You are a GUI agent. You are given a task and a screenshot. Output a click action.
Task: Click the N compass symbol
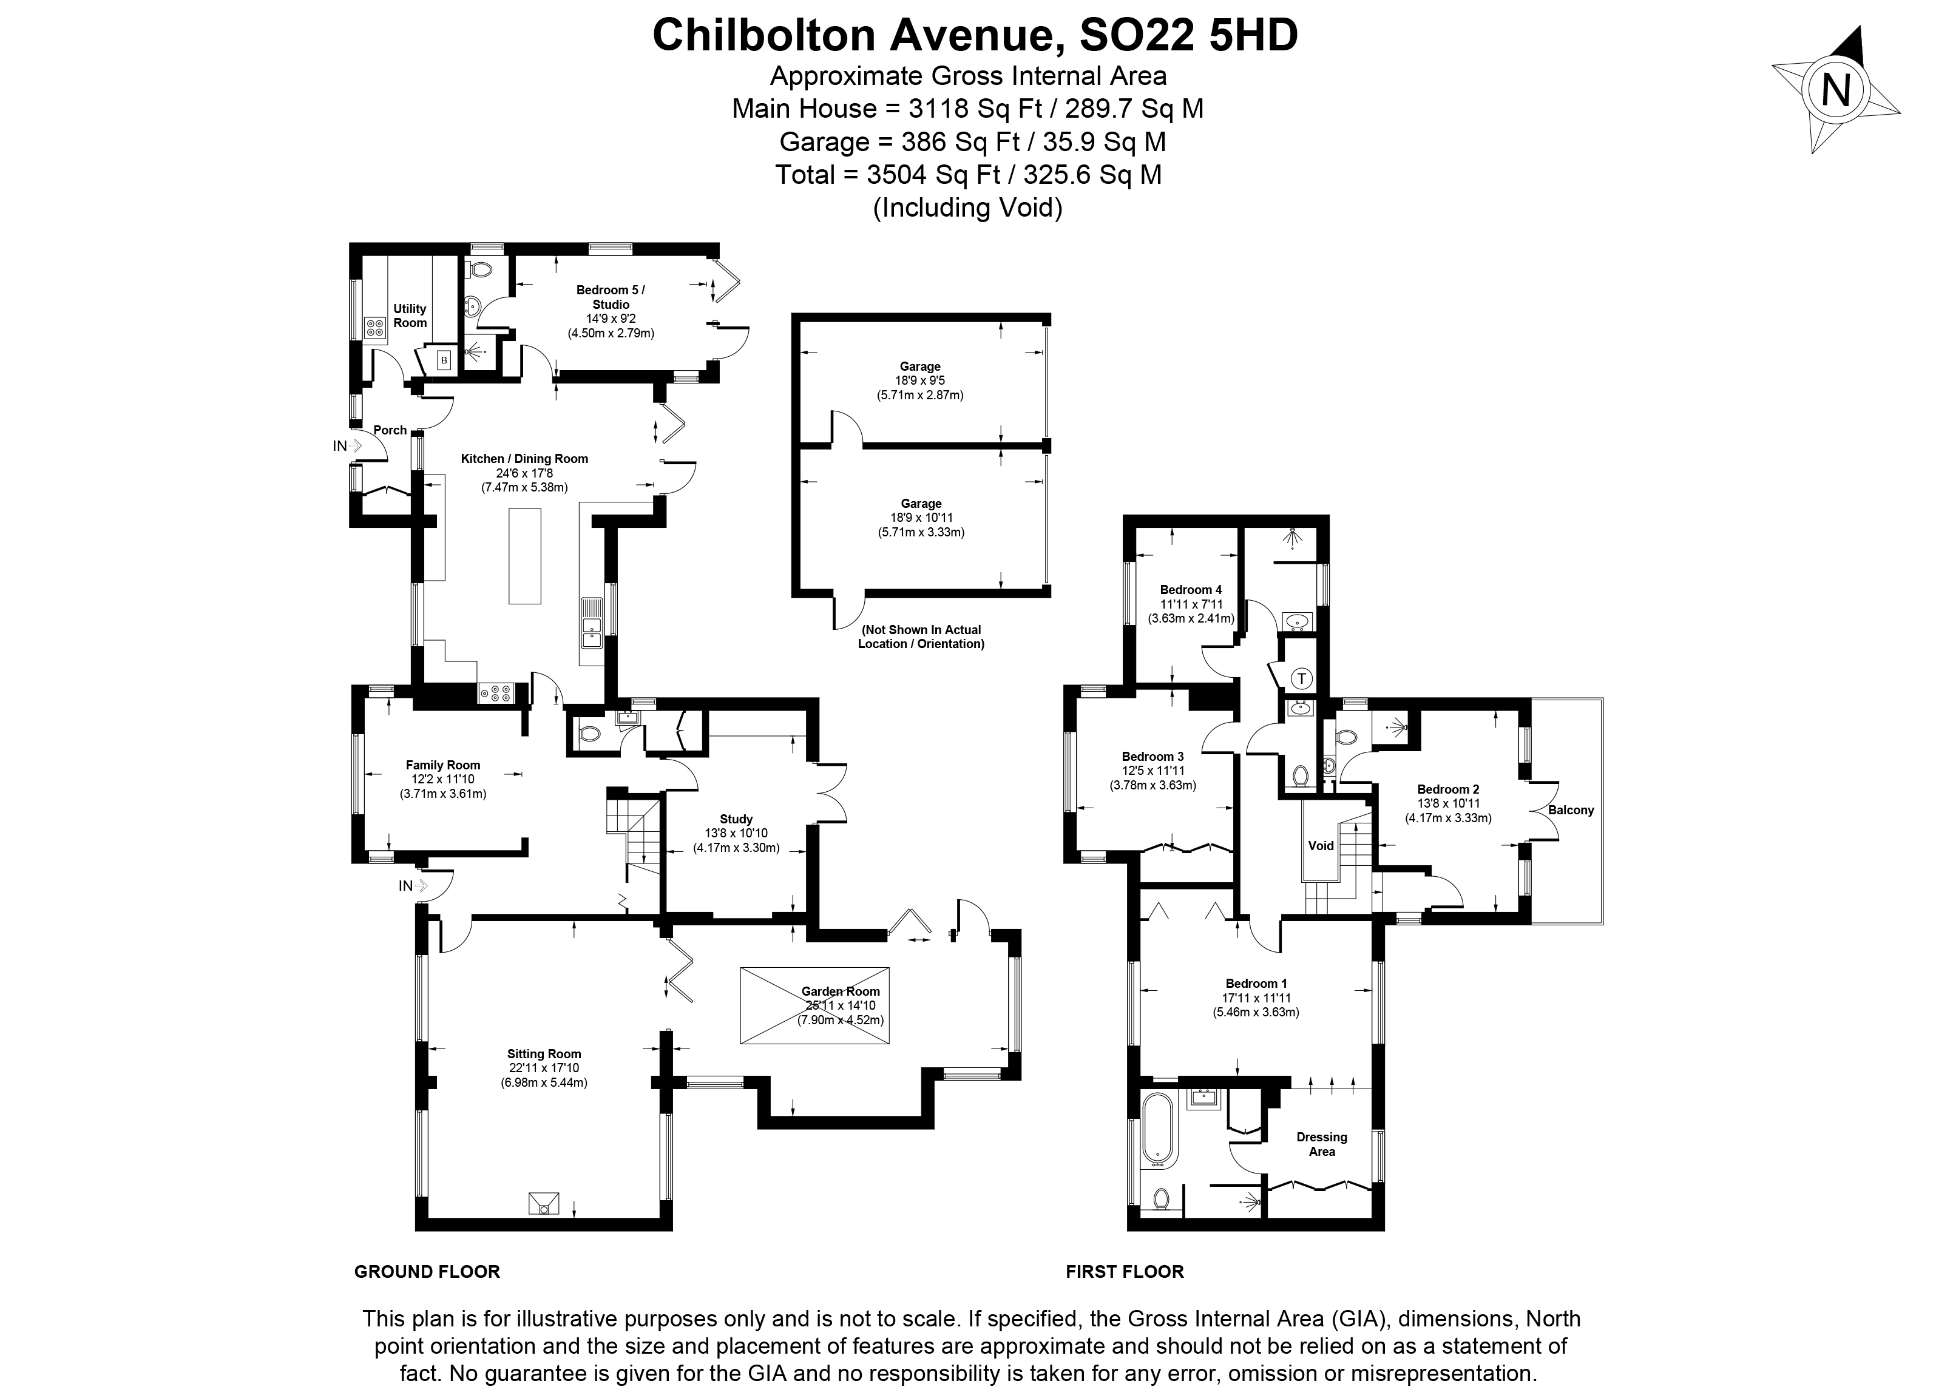click(1835, 90)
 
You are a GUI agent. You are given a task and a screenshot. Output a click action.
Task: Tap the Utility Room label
click(410, 316)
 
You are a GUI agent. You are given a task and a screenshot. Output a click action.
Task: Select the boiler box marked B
click(444, 360)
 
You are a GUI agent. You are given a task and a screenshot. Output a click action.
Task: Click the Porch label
click(390, 430)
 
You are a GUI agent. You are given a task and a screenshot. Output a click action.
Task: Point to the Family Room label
click(442, 765)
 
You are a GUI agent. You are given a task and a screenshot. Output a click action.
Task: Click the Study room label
click(736, 819)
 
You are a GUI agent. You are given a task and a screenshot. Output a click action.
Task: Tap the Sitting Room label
click(544, 1054)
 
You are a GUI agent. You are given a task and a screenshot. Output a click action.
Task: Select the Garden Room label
click(840, 991)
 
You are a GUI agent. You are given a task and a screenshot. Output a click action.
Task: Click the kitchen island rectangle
click(525, 556)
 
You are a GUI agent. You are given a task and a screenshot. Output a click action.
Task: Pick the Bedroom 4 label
click(1191, 590)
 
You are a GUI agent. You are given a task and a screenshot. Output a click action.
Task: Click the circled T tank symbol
click(1301, 678)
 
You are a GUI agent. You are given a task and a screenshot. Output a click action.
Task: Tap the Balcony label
click(1571, 810)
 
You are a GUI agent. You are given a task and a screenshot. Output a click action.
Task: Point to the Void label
click(1321, 846)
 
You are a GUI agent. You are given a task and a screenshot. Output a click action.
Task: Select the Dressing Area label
click(1321, 1144)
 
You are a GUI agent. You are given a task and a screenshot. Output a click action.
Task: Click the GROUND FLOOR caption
click(427, 1272)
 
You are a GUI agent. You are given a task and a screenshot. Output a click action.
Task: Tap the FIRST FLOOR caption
click(1124, 1272)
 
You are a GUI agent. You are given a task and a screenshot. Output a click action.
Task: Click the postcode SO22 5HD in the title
click(1188, 36)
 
